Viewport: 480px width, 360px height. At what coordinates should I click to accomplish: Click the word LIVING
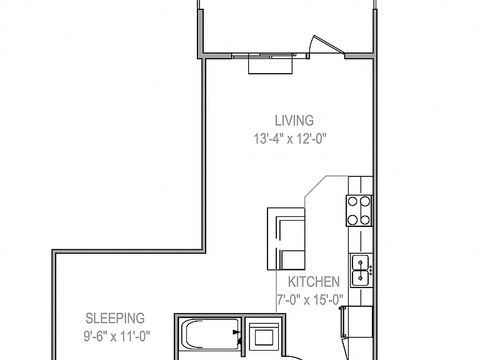click(294, 121)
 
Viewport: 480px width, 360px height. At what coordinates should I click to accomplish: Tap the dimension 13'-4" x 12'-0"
click(290, 139)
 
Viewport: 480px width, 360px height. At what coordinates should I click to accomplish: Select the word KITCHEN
click(314, 282)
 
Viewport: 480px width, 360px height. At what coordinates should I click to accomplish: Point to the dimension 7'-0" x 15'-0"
click(310, 300)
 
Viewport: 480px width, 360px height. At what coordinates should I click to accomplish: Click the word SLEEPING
click(115, 318)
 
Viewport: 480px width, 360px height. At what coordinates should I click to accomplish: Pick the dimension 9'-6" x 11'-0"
click(117, 336)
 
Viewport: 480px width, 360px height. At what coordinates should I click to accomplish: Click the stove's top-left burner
click(352, 201)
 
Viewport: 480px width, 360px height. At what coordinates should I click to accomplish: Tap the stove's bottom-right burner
click(365, 220)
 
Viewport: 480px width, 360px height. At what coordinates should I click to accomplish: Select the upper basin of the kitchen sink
click(360, 262)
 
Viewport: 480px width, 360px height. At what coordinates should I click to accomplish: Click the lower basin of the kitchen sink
click(360, 278)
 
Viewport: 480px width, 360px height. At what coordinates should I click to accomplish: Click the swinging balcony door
click(326, 45)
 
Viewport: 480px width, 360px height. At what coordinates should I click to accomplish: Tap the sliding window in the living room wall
click(263, 56)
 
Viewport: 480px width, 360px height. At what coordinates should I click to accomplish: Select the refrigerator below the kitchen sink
click(356, 322)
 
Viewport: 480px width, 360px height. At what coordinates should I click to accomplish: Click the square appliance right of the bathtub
click(264, 337)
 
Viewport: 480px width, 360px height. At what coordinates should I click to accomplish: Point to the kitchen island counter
click(286, 239)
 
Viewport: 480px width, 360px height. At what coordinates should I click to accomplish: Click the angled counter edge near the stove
click(315, 186)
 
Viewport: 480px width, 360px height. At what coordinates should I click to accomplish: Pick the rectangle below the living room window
click(270, 66)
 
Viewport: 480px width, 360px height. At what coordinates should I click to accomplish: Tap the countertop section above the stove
click(360, 186)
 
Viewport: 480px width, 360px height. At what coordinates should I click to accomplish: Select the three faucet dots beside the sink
click(371, 271)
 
